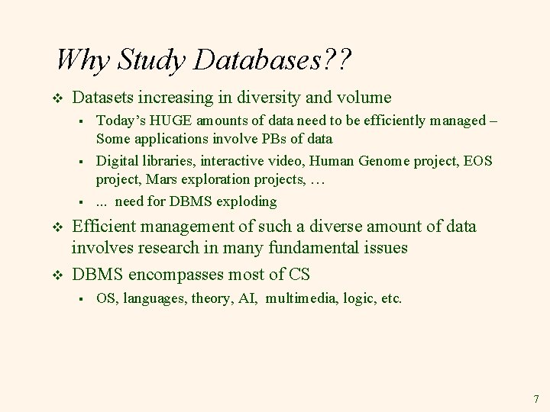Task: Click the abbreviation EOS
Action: pyautogui.click(x=479, y=161)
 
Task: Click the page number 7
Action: pyautogui.click(x=535, y=399)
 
